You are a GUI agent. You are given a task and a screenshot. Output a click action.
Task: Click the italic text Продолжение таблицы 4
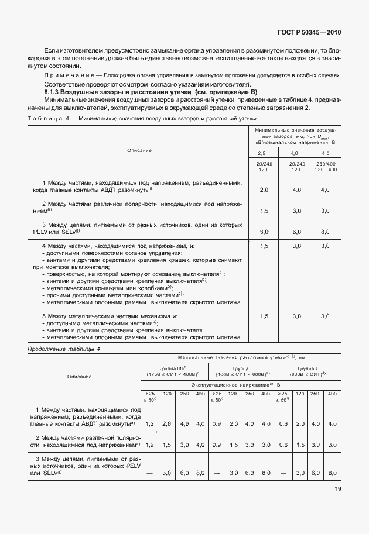(x=64, y=349)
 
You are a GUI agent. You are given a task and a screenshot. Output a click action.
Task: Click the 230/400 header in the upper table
(x=325, y=163)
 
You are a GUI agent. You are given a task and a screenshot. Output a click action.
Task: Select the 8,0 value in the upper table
(x=325, y=232)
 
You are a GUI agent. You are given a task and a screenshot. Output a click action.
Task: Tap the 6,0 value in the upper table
(x=296, y=232)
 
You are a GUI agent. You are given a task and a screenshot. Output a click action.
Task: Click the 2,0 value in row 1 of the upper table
(x=264, y=190)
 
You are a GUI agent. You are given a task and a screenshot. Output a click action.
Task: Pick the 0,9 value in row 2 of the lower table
(x=216, y=445)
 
